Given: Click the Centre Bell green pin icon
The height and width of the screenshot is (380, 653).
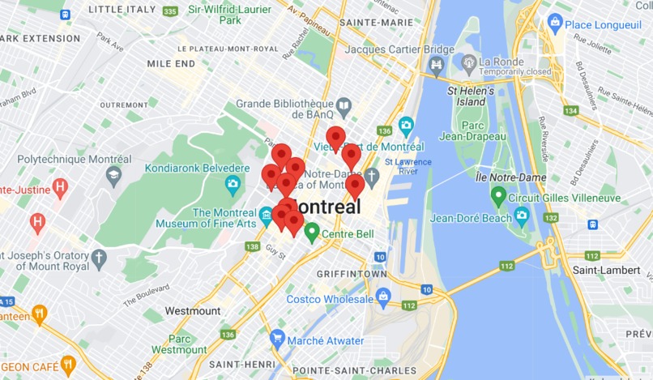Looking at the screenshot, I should coord(311,233).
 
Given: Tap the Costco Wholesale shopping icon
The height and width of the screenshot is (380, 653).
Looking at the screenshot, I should coord(383,297).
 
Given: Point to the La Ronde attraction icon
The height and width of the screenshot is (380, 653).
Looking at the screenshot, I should coord(467,62).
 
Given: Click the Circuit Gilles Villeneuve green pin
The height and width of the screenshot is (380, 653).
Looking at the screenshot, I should coord(498,195).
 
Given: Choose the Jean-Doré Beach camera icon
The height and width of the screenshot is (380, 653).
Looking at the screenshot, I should coord(522,217).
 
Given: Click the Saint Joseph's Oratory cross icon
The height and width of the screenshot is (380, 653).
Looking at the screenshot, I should coord(99,259).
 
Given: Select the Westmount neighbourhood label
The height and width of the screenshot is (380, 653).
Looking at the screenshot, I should coord(192,310).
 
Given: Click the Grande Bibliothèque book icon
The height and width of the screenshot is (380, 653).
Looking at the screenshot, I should coord(344,106).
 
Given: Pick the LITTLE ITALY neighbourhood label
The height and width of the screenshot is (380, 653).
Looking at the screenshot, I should coord(121,9).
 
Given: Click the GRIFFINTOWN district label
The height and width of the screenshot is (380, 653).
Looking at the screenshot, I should coord(352,274).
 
